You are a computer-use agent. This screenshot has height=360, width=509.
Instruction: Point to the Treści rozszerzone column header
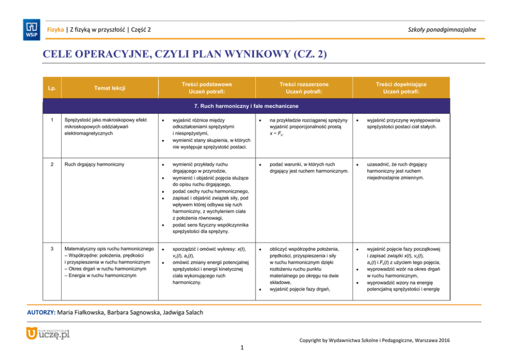(304, 88)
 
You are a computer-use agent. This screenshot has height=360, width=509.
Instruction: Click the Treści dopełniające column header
(401, 88)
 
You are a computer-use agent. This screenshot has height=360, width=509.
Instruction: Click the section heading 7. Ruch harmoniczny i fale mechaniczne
(246, 106)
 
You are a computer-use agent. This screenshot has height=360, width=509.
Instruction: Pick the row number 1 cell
(51, 121)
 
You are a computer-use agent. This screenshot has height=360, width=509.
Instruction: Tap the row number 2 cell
(51, 165)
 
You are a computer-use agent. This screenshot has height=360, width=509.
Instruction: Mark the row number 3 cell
(51, 249)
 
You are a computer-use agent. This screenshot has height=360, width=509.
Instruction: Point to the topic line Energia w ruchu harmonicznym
(100, 275)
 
